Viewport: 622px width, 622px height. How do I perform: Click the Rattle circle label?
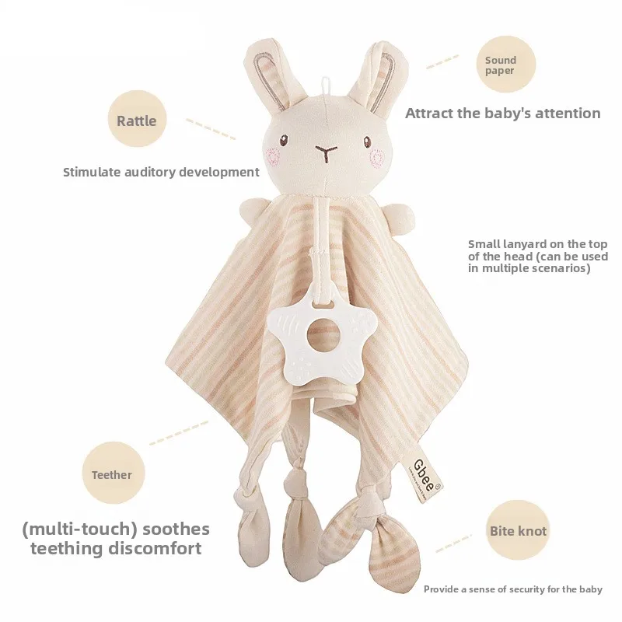pos(136,120)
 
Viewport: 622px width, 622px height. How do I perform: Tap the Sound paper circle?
pos(500,66)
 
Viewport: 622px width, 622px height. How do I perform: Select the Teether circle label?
pos(112,474)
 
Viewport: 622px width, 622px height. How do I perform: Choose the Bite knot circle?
pos(518,532)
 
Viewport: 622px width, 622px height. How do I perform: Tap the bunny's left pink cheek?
pos(274,155)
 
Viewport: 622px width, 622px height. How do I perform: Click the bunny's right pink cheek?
pos(378,158)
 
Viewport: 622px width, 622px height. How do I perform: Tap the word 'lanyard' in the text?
pos(522,243)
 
